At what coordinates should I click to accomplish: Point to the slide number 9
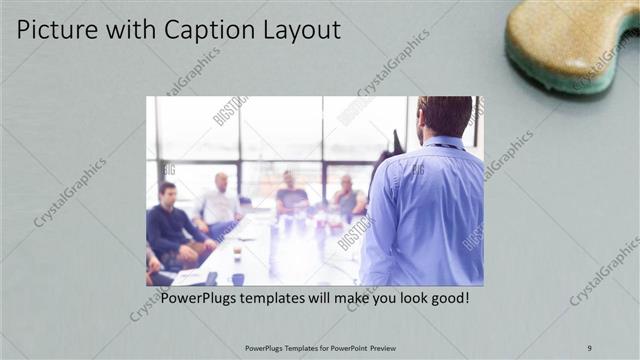tap(589, 348)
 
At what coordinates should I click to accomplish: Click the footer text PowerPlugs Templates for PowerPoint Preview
tap(320, 348)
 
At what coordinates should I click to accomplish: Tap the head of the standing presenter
tap(446, 115)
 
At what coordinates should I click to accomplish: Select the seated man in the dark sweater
tap(170, 225)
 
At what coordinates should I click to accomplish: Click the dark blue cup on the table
tap(237, 279)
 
